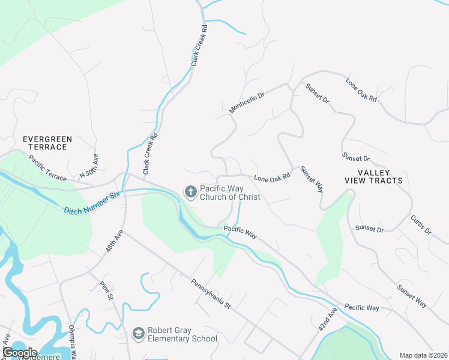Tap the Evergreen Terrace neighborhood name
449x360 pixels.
[47, 143]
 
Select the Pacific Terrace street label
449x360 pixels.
[47, 166]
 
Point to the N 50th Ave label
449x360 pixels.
[89, 166]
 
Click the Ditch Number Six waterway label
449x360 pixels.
[92, 201]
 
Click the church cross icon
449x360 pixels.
[190, 192]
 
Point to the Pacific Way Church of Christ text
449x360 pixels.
[230, 192]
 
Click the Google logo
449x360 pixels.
[19, 353]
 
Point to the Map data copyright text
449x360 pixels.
[423, 355]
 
